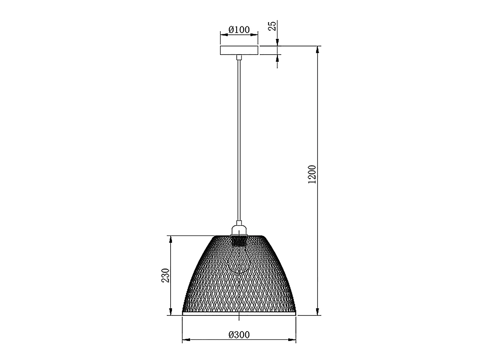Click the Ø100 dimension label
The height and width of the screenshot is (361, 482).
tap(239, 30)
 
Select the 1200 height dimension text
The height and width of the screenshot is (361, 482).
tap(312, 174)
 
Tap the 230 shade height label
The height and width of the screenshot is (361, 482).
tap(165, 275)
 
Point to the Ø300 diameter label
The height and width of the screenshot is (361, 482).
tap(239, 335)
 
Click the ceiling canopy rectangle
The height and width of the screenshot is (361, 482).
tap(239, 50)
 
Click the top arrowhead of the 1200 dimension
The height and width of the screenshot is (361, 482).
tap(318, 50)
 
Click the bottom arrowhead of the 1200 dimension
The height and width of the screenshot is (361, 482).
tap(318, 311)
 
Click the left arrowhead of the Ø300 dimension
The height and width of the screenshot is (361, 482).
tap(186, 340)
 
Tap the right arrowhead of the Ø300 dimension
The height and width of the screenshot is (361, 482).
tap(292, 340)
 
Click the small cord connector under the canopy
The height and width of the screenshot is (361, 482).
tap(239, 57)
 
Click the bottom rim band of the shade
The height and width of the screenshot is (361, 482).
tap(239, 313)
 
